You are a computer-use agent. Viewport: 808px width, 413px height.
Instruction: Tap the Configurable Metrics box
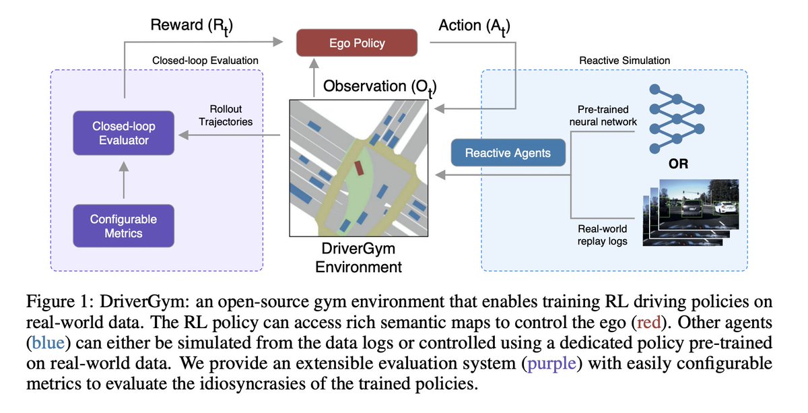pos(123,226)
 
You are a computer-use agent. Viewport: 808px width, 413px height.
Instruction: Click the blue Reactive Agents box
pos(508,153)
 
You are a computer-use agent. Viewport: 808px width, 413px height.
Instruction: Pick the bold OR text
pos(678,164)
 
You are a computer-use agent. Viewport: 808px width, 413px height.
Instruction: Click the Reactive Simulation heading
pos(624,61)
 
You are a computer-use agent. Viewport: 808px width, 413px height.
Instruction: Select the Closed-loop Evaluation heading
pos(206,61)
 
